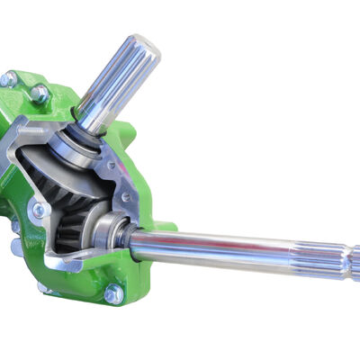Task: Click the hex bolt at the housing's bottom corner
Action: [x=112, y=293]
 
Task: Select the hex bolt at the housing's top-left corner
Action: [x=8, y=79]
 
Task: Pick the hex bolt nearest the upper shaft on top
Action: [x=40, y=92]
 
